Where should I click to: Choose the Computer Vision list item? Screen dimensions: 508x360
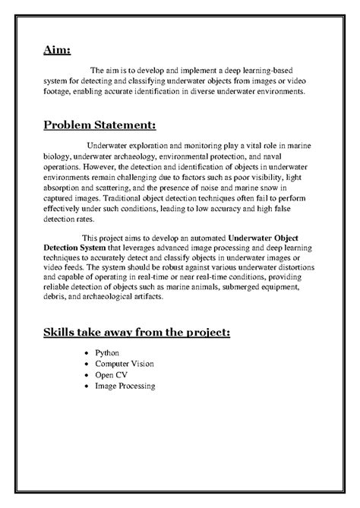(x=125, y=364)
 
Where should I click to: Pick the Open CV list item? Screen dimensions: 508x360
(x=112, y=375)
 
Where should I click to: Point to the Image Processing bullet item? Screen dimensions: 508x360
(x=125, y=386)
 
